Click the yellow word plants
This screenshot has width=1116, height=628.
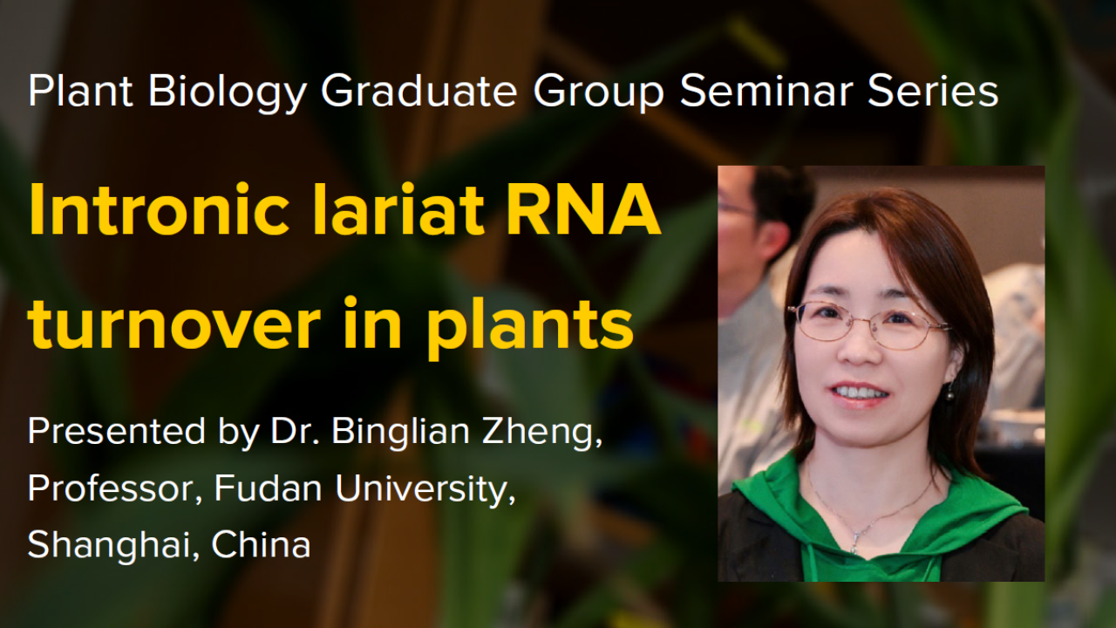point(528,326)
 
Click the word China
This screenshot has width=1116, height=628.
point(262,546)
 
